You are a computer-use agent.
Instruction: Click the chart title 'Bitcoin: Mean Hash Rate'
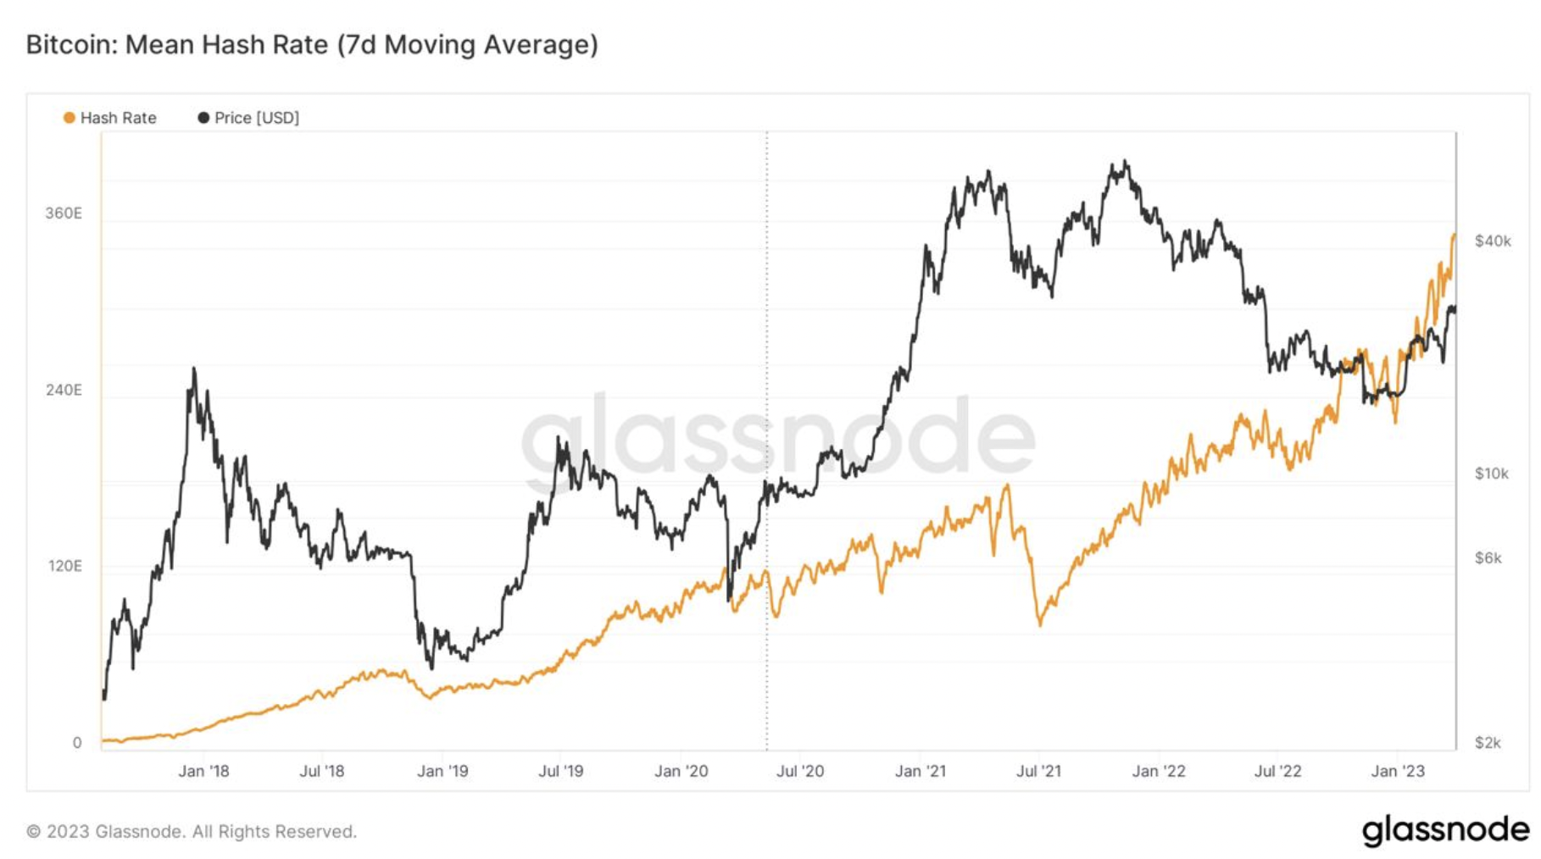[x=311, y=44]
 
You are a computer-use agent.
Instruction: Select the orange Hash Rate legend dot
[x=70, y=118]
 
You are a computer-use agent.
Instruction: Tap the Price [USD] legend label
[x=256, y=118]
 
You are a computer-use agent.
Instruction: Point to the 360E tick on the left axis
[x=64, y=213]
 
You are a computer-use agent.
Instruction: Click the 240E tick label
[x=64, y=391]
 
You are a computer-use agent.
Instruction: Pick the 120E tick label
[x=64, y=566]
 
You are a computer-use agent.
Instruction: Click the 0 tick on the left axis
[x=77, y=743]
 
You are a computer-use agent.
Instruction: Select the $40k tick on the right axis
[x=1493, y=241]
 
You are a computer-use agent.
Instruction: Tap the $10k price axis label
[x=1492, y=474]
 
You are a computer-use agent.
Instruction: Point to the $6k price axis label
[x=1488, y=558]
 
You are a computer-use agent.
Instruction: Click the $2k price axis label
[x=1488, y=743]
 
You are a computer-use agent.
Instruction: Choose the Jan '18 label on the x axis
[x=203, y=771]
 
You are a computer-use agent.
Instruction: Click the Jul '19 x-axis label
[x=561, y=771]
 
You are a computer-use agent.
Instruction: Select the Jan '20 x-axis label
[x=681, y=771]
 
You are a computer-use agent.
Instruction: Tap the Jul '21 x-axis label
[x=1038, y=771]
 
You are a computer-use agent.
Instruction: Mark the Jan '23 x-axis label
[x=1398, y=771]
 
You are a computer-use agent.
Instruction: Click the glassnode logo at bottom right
[x=1445, y=830]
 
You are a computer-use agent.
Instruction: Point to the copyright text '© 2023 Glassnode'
[x=192, y=832]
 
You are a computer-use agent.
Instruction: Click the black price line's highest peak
[x=1124, y=161]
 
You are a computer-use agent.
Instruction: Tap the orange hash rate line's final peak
[x=1454, y=235]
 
